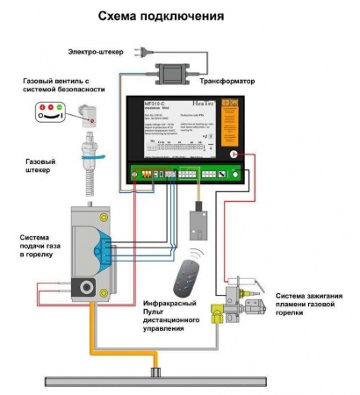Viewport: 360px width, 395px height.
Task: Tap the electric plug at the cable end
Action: [138, 52]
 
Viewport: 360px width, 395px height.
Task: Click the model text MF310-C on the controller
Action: [155, 104]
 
